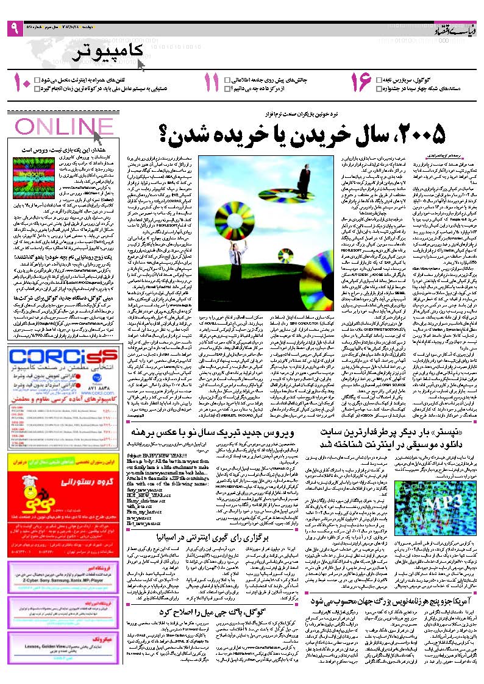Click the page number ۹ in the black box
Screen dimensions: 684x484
(14, 28)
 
